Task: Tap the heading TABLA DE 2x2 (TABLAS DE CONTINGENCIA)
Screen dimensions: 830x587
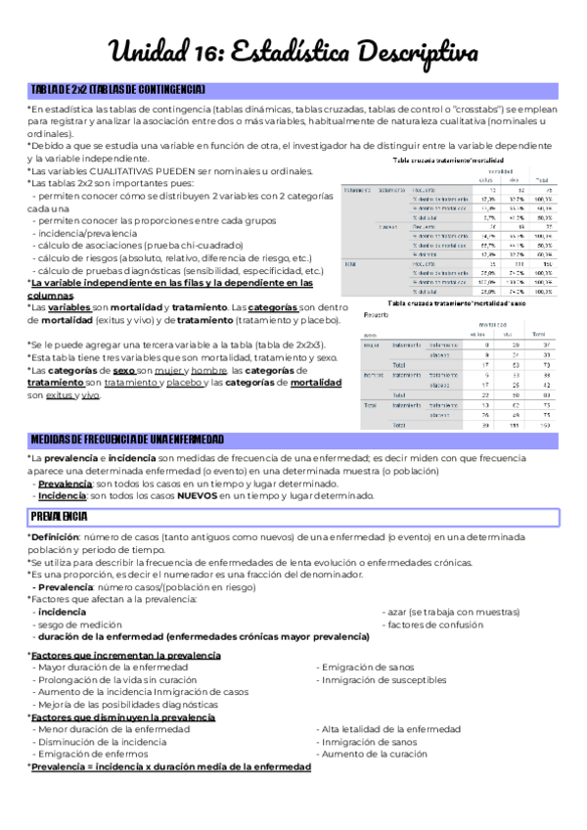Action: [117, 90]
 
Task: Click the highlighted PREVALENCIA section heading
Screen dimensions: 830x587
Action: [60, 516]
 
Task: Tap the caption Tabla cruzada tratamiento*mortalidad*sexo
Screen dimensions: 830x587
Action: [457, 303]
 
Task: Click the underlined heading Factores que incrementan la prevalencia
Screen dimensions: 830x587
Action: [125, 655]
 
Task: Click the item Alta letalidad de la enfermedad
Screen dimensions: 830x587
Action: [384, 729]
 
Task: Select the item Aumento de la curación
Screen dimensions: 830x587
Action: [371, 754]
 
